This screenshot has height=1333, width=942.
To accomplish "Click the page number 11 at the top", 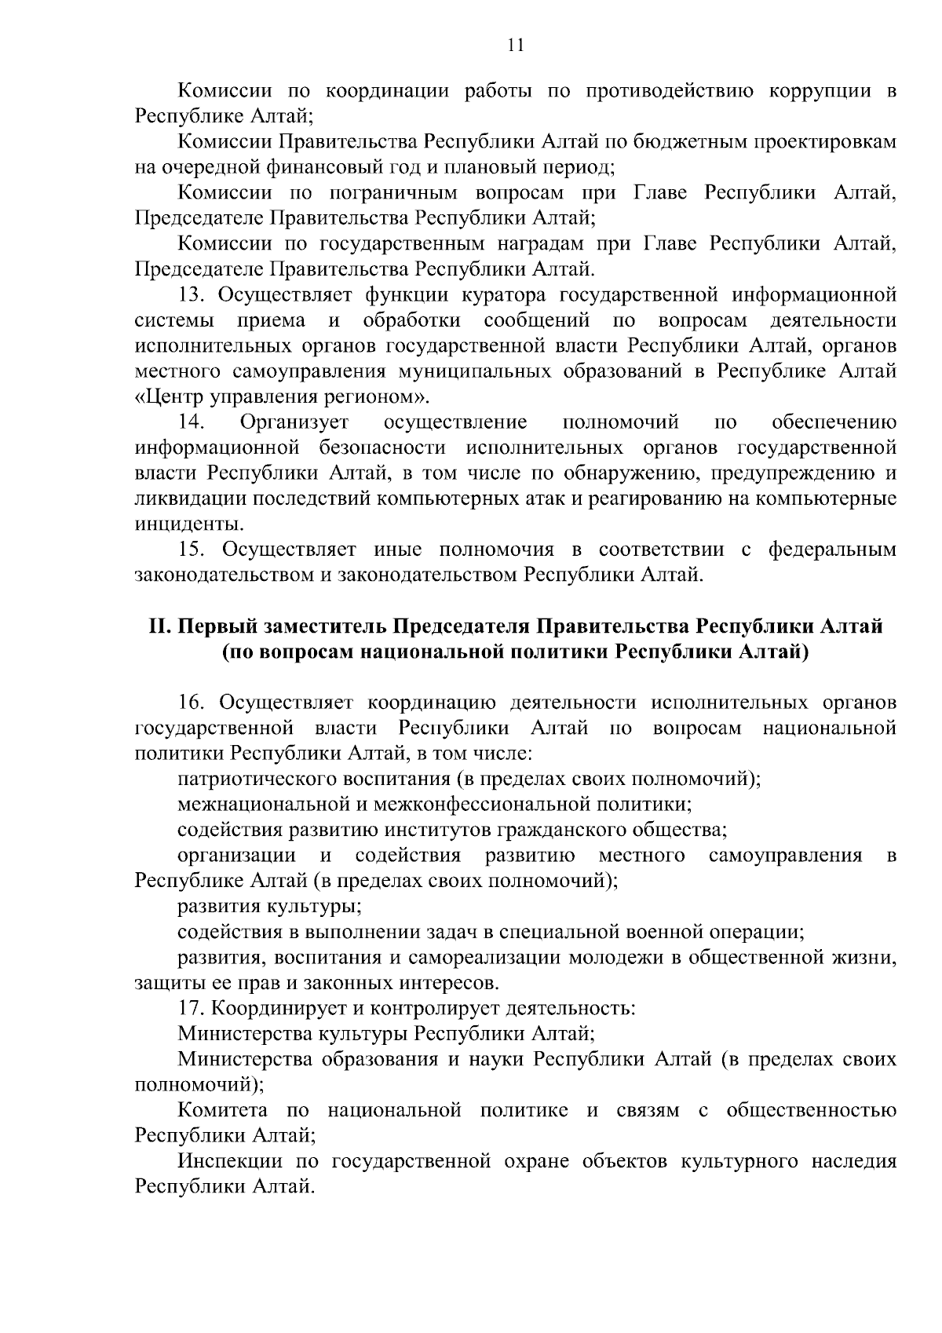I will (515, 45).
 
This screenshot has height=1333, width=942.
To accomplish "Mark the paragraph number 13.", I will (192, 295).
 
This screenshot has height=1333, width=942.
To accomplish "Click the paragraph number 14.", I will (192, 422).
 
